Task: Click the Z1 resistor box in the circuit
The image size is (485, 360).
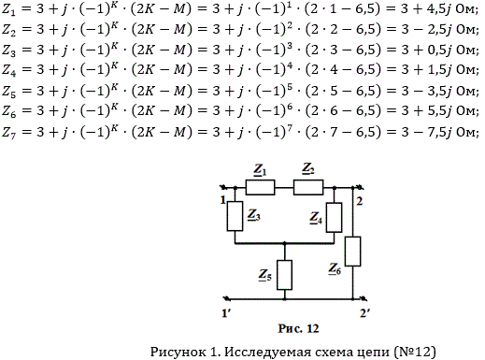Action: [260, 187]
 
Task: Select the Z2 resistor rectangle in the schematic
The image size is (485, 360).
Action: [308, 187]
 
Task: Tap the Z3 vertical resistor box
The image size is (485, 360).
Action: [235, 216]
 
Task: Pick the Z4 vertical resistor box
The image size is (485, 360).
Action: [334, 217]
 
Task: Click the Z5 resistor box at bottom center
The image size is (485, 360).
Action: [284, 275]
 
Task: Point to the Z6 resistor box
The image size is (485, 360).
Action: [353, 252]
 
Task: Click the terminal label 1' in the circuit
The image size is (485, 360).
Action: [226, 313]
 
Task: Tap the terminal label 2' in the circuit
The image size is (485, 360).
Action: [364, 313]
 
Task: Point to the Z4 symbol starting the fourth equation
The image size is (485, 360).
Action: [9, 70]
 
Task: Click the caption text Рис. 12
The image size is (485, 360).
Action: [298, 328]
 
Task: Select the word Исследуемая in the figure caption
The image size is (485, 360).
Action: [267, 352]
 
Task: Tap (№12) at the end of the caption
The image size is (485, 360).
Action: [415, 352]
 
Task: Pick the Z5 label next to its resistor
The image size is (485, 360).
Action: [265, 275]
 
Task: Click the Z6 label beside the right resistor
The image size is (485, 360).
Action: [335, 269]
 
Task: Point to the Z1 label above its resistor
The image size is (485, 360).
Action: [261, 170]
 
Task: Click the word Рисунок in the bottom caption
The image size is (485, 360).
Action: [178, 352]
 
